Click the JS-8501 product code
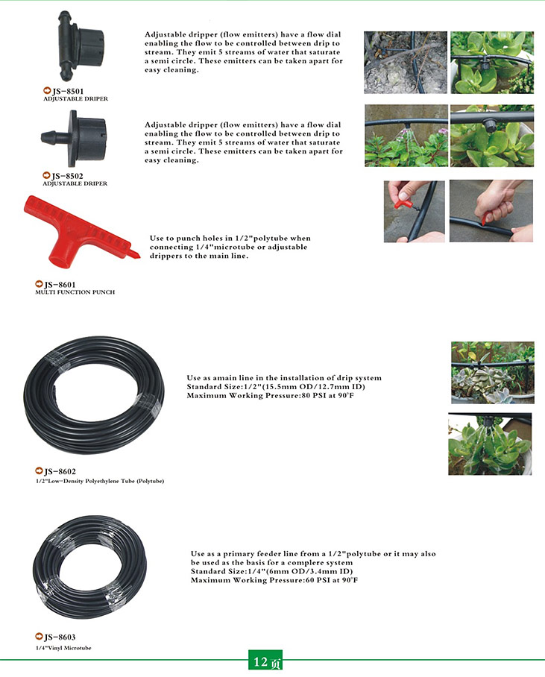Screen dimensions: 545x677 click(x=68, y=91)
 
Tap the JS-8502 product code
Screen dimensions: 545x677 click(x=67, y=176)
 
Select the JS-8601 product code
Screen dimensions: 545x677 click(x=60, y=285)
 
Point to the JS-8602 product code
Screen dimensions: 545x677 click(x=60, y=471)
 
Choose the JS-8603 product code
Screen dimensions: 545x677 click(x=60, y=637)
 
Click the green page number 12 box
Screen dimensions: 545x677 click(x=265, y=661)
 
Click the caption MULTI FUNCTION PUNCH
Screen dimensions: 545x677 click(x=75, y=292)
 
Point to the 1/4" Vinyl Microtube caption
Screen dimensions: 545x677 click(x=63, y=648)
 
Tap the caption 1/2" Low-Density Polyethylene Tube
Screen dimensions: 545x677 click(x=100, y=481)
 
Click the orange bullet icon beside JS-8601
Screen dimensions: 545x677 click(x=39, y=284)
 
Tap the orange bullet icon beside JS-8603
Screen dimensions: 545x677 click(x=39, y=637)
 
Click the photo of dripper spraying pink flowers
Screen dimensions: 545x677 click(x=406, y=136)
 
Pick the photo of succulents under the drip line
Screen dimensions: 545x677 click(x=493, y=373)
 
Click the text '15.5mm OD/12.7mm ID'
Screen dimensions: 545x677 click(x=314, y=387)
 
